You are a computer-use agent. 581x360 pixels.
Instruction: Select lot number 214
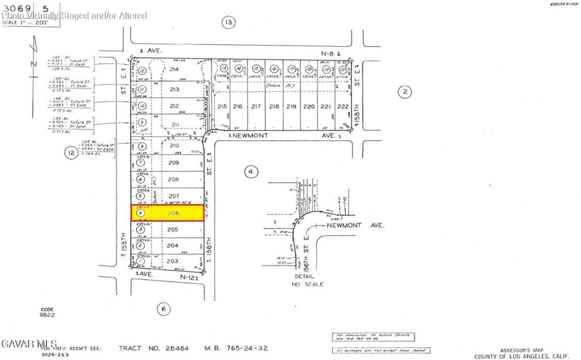[174, 70]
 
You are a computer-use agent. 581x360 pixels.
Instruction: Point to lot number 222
[343, 106]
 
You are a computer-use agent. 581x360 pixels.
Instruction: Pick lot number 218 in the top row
[274, 106]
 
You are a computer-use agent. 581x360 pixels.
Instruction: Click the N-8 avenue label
[326, 53]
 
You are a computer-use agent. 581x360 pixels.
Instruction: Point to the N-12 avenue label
[187, 277]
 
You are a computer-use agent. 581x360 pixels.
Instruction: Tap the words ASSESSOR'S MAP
[524, 350]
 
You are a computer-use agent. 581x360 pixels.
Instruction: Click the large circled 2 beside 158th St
[404, 92]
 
